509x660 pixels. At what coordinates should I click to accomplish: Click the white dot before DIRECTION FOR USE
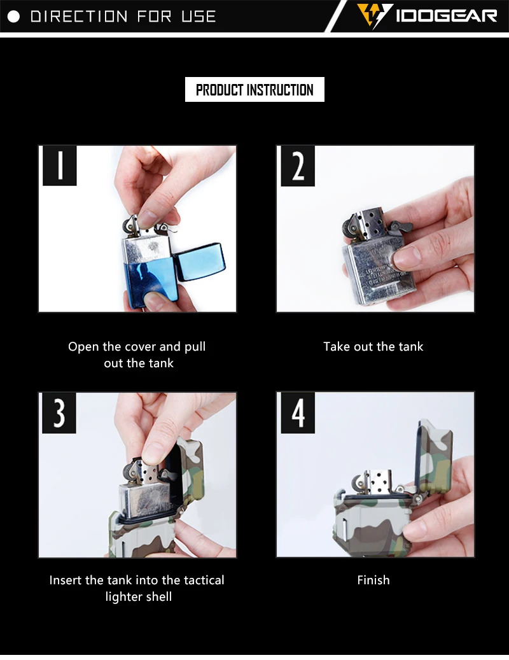(x=13, y=17)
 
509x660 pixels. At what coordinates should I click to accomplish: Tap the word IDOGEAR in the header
(x=446, y=16)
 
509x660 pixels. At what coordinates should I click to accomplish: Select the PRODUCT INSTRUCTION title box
(x=254, y=89)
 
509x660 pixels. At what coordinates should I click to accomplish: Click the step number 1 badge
(x=60, y=165)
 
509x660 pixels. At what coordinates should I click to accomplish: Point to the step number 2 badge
(x=298, y=166)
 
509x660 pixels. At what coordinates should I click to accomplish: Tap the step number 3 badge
(x=59, y=412)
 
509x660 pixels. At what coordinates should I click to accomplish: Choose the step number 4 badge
(x=298, y=412)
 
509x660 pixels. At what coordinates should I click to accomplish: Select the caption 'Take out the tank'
(x=373, y=346)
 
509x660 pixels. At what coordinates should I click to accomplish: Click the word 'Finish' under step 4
(x=373, y=580)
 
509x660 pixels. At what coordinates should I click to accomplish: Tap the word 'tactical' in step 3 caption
(x=204, y=580)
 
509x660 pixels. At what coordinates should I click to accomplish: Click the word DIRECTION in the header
(x=79, y=17)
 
